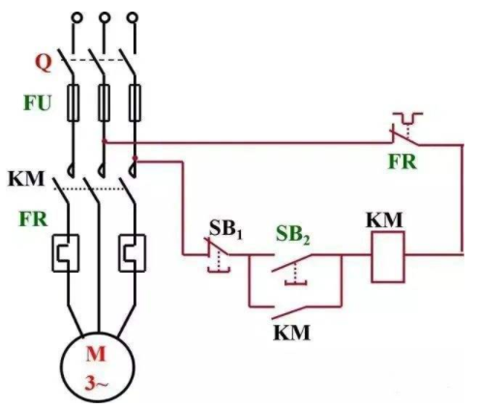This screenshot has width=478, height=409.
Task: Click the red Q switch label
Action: coord(44,63)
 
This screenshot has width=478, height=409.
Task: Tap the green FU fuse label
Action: coord(37,103)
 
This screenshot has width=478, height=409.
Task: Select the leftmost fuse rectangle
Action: coord(74,102)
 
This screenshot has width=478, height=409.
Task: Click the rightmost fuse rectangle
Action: coord(134,102)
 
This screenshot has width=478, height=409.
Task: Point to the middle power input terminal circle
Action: coord(105,17)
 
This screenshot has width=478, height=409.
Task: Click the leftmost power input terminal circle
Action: coord(76,17)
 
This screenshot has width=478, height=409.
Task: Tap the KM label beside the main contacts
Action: coord(26,179)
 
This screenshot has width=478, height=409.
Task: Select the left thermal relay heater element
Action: coord(66,253)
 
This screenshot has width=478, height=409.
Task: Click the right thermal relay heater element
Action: coord(133,253)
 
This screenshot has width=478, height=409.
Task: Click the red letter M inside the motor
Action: coord(96,354)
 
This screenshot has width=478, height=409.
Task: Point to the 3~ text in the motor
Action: coord(97,383)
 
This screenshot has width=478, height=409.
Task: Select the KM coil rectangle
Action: coord(388,257)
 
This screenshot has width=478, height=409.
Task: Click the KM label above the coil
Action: coord(384,220)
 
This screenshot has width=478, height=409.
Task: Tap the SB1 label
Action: coord(225,229)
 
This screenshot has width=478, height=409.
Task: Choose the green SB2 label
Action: coord(293,234)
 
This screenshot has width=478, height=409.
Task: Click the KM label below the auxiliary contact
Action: coord(292,333)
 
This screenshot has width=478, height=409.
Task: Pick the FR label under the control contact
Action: coord(403,161)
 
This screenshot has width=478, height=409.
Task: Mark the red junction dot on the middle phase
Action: coord(105,141)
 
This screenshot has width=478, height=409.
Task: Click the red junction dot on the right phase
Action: coord(134,158)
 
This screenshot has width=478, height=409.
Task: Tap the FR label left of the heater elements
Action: coord(34,219)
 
